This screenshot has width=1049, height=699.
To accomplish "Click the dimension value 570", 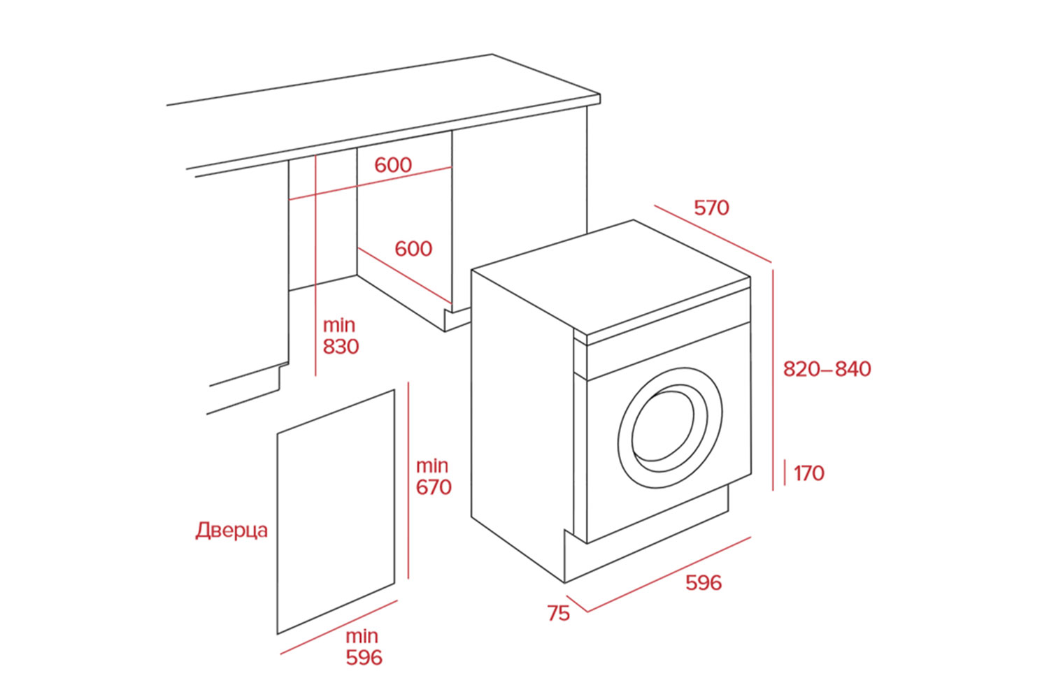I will [x=711, y=208].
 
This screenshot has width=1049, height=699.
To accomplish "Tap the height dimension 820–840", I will [x=827, y=369].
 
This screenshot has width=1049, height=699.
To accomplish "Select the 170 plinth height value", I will [x=809, y=473].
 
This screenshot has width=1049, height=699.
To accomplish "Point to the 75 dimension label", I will [x=558, y=614].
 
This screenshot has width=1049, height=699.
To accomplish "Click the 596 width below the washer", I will [x=703, y=583].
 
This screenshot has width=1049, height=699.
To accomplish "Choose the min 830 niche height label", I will [x=341, y=336].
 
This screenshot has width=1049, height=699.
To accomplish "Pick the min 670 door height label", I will [x=434, y=477].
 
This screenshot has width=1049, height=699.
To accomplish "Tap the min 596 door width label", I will [x=364, y=647].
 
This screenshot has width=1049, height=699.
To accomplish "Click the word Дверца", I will [x=231, y=531].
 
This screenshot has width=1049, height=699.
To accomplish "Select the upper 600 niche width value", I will [x=393, y=165].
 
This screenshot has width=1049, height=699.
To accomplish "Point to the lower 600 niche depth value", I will [x=413, y=248].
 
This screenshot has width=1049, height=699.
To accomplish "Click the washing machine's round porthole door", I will [x=669, y=428].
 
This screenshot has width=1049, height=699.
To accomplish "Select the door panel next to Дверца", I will [x=336, y=510].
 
